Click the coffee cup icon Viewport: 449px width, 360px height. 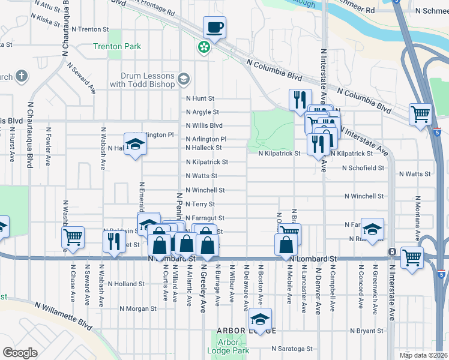[215, 27]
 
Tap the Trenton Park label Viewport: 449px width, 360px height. [116, 47]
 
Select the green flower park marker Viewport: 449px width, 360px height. [205, 46]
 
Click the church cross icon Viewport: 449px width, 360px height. [22, 76]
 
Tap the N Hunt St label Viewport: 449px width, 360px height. [200, 98]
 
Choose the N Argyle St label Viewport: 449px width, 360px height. [202, 112]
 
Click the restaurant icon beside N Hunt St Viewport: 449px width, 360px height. [300, 99]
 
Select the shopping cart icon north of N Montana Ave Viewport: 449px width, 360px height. [420, 113]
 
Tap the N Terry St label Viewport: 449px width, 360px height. [200, 204]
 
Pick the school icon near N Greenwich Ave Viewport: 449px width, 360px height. [372, 229]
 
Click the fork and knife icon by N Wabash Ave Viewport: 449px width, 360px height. [112, 240]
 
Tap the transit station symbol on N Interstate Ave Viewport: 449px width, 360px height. [391, 251]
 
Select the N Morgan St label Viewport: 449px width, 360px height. [137, 309]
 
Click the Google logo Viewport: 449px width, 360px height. [20, 352]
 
